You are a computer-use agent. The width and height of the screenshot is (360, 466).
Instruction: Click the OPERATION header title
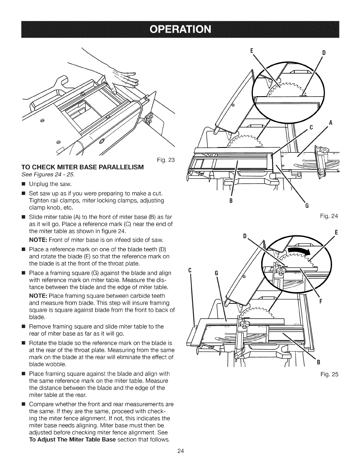coord(180,30)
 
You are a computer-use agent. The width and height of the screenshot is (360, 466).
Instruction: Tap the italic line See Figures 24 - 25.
coord(48,175)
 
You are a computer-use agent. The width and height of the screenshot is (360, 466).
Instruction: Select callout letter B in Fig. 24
coord(231,201)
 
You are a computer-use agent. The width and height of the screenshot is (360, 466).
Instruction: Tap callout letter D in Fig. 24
coord(324,53)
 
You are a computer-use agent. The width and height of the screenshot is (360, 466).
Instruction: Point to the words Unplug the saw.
coord(50,184)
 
